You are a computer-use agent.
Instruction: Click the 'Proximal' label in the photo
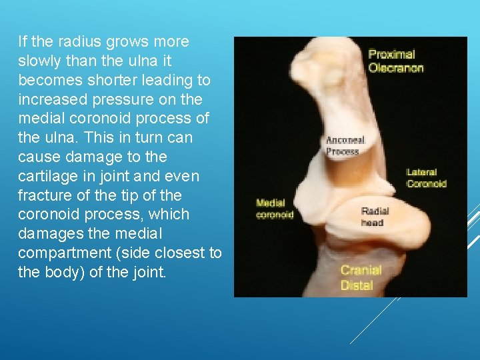click(391, 54)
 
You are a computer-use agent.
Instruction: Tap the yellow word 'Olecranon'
click(396, 67)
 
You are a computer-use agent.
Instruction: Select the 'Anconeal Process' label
click(345, 146)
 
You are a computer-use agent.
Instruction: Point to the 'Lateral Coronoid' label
click(426, 178)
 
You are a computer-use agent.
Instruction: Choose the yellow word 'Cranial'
click(361, 270)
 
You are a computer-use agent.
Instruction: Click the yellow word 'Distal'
click(357, 285)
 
